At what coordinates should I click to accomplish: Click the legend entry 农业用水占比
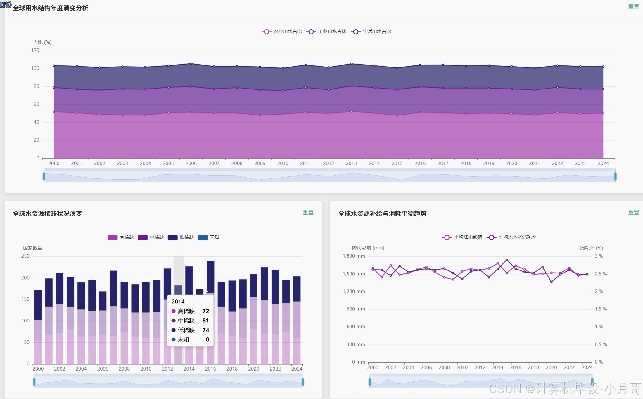(x=282, y=32)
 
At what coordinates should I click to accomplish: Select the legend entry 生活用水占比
(x=371, y=32)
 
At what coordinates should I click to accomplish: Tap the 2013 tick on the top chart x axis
(x=351, y=163)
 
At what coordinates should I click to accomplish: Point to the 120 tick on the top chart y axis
(x=35, y=51)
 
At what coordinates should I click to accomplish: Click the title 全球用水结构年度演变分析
(x=51, y=8)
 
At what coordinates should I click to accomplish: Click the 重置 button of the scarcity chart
(x=308, y=212)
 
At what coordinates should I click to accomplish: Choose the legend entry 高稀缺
(x=121, y=237)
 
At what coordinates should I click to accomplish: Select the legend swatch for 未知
(x=203, y=237)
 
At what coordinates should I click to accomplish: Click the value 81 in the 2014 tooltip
(x=205, y=320)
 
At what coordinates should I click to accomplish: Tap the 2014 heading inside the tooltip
(x=178, y=301)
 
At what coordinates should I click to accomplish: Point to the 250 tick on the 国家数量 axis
(x=25, y=256)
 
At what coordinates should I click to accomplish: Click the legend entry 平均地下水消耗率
(x=511, y=237)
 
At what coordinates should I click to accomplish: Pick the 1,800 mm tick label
(x=354, y=256)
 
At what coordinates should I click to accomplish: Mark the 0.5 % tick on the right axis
(x=601, y=344)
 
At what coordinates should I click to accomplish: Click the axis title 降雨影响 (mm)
(x=368, y=248)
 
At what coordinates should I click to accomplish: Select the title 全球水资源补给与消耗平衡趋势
(x=382, y=214)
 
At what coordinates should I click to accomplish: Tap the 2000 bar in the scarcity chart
(x=38, y=327)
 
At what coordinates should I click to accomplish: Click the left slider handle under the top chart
(x=44, y=176)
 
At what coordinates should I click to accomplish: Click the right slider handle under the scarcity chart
(x=303, y=382)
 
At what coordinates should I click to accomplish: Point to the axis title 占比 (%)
(x=42, y=42)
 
